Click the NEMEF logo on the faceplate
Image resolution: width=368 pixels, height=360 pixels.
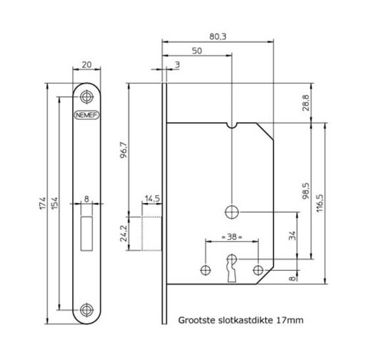[87, 115]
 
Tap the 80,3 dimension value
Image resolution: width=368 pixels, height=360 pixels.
[218, 37]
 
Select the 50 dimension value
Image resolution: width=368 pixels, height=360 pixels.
[197, 51]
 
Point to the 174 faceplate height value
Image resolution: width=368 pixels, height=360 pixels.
[43, 203]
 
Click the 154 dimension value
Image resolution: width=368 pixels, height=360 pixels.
[54, 203]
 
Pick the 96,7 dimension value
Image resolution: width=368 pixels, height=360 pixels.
[124, 150]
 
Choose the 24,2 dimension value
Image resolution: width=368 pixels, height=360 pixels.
[124, 233]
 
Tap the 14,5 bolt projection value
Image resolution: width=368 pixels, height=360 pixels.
[152, 198]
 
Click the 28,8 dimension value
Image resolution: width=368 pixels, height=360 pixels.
[306, 102]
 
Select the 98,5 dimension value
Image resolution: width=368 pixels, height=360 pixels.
[306, 191]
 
